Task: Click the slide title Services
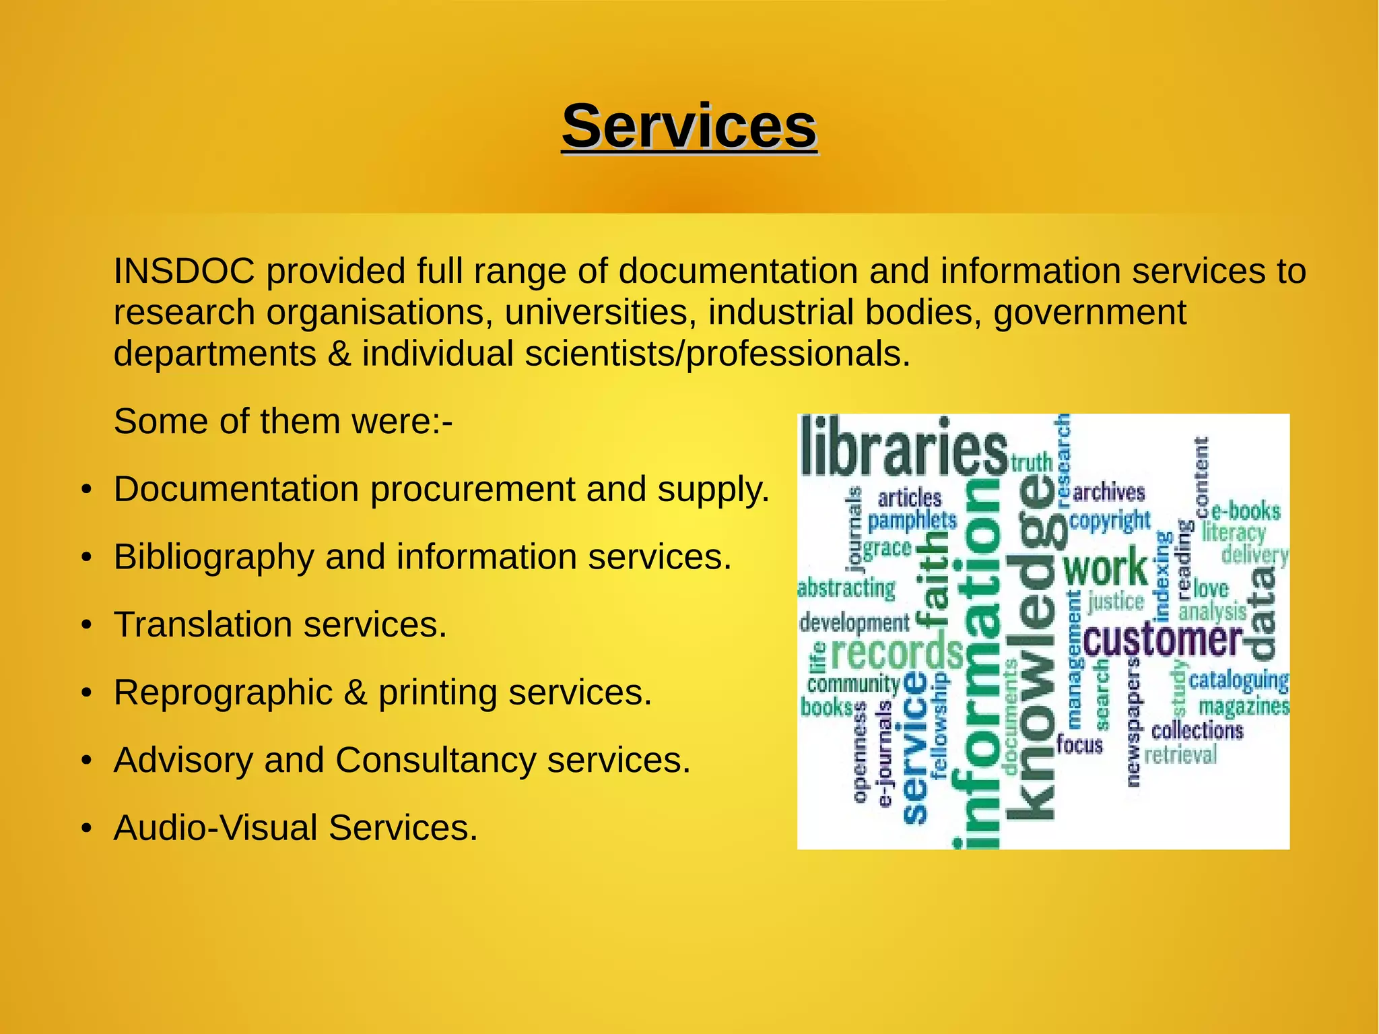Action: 689,127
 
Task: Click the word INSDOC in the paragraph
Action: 184,271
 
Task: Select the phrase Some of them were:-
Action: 283,422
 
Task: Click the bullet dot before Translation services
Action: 86,626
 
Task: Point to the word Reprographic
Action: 223,692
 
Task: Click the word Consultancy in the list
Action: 435,761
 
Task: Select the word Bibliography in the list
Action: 213,557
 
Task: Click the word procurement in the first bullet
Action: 473,489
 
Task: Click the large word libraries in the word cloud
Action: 903,446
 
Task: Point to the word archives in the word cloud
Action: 1108,492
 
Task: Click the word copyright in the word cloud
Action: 1110,521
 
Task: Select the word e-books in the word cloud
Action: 1246,511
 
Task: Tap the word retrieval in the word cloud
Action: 1180,754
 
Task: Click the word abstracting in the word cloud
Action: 846,588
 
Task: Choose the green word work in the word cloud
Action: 1105,567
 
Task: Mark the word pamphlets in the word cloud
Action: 912,521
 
